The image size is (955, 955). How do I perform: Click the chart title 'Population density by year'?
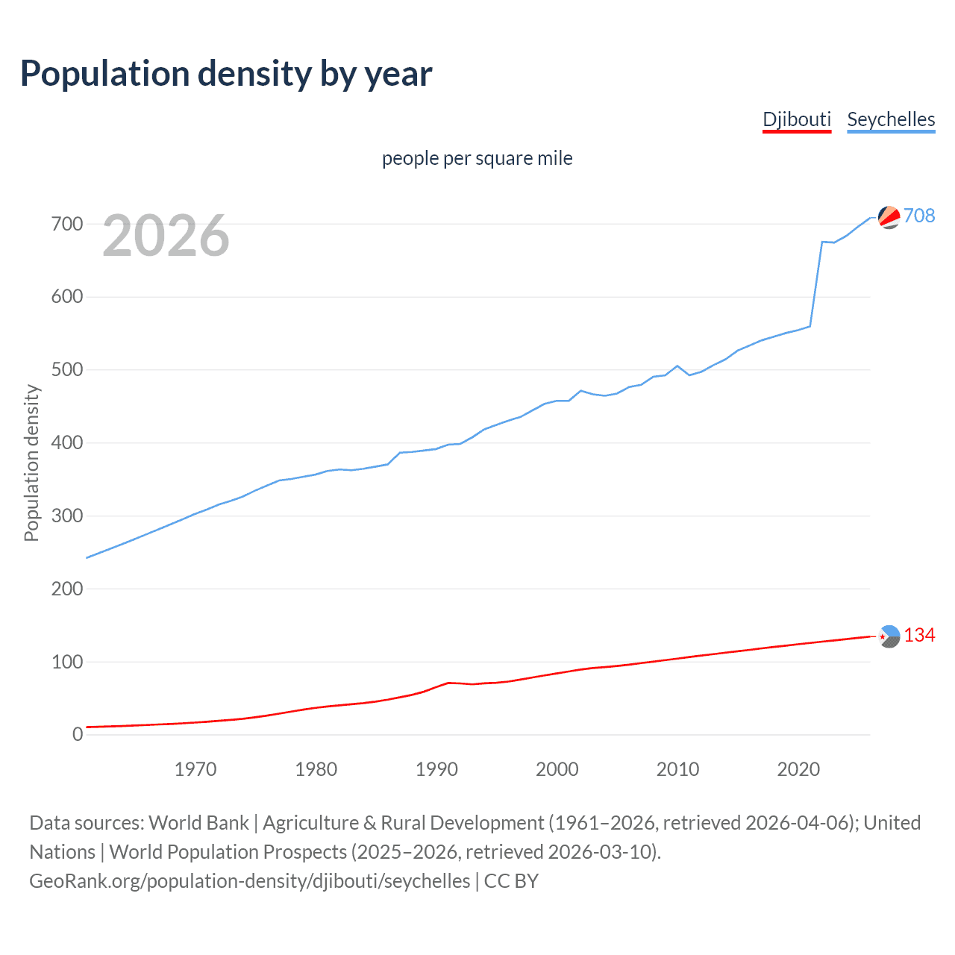pos(226,74)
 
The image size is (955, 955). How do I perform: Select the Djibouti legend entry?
pos(796,119)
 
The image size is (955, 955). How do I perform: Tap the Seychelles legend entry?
pos(891,119)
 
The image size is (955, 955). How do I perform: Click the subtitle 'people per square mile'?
pos(477,158)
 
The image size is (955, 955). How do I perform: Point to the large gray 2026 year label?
pos(166,236)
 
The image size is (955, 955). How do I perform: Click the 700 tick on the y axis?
pos(66,224)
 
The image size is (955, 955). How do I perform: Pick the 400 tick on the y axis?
pos(66,443)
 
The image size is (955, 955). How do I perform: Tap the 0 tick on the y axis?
pos(78,735)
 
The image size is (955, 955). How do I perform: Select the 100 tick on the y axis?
pos(66,662)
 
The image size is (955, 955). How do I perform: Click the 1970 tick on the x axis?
pos(195,769)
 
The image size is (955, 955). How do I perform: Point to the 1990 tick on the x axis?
pos(436,769)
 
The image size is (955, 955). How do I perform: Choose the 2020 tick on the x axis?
pos(798,769)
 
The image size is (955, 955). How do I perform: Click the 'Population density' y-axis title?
pos(31,463)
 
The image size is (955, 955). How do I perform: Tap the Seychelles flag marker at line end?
pos(889,216)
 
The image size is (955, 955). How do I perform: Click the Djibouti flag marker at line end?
pos(889,636)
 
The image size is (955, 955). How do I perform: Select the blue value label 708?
pos(919,216)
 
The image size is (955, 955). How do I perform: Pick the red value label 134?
pos(919,635)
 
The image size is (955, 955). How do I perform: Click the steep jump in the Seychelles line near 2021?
pos(816,284)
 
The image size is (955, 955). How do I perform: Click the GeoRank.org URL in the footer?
pos(250,881)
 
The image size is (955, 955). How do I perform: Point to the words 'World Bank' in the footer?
pos(198,823)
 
